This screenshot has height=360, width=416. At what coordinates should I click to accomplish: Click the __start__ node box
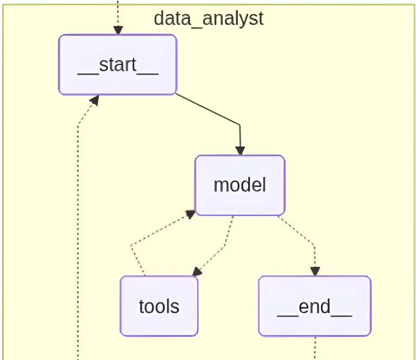118,65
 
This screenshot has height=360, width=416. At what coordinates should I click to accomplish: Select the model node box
240,185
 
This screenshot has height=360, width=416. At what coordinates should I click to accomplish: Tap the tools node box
159,306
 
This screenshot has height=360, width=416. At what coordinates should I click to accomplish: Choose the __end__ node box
315,306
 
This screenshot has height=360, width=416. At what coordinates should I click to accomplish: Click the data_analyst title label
209,18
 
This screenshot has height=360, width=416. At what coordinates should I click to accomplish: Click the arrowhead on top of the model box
240,150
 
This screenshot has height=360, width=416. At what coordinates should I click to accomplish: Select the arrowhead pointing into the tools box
198,272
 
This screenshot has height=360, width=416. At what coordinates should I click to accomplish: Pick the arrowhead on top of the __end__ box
315,271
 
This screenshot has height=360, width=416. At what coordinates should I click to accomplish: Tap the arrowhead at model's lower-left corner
190,214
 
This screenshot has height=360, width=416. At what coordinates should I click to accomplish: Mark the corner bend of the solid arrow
239,126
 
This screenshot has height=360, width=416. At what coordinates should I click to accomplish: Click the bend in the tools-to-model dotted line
132,246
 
